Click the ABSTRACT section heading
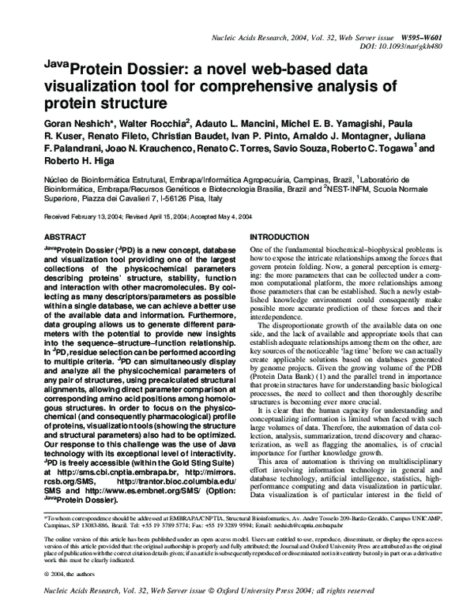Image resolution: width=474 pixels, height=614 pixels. (66, 237)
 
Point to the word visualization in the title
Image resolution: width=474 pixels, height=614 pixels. (79, 88)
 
